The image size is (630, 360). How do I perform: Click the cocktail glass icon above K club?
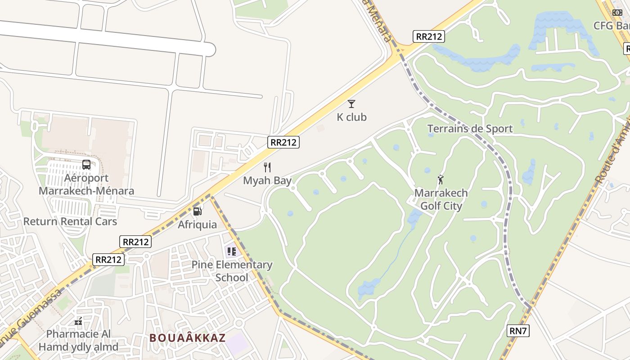click(x=351, y=104)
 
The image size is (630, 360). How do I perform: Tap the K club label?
click(x=351, y=117)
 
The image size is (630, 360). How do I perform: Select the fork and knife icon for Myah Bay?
click(x=267, y=167)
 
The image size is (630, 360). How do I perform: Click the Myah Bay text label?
click(x=267, y=181)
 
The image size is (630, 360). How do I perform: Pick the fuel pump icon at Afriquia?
click(x=197, y=211)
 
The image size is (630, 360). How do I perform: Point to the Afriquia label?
click(x=197, y=225)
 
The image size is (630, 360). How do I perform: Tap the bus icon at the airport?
click(x=86, y=165)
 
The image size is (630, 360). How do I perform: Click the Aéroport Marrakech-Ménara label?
click(x=86, y=184)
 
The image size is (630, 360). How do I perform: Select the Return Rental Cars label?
click(x=70, y=221)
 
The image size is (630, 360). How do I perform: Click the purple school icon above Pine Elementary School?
click(x=231, y=251)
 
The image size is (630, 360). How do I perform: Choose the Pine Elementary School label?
click(x=232, y=271)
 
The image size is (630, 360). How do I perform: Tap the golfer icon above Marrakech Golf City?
click(x=441, y=180)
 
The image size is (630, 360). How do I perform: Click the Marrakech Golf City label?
click(x=441, y=199)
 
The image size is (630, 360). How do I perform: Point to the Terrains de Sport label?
click(x=470, y=129)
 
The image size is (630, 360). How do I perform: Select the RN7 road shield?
click(x=518, y=331)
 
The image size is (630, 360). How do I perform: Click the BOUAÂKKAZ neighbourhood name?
click(x=187, y=338)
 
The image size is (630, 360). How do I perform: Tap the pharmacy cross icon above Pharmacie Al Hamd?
click(x=78, y=321)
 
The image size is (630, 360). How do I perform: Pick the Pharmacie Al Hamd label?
click(x=78, y=341)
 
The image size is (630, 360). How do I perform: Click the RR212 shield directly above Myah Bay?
click(x=283, y=142)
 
